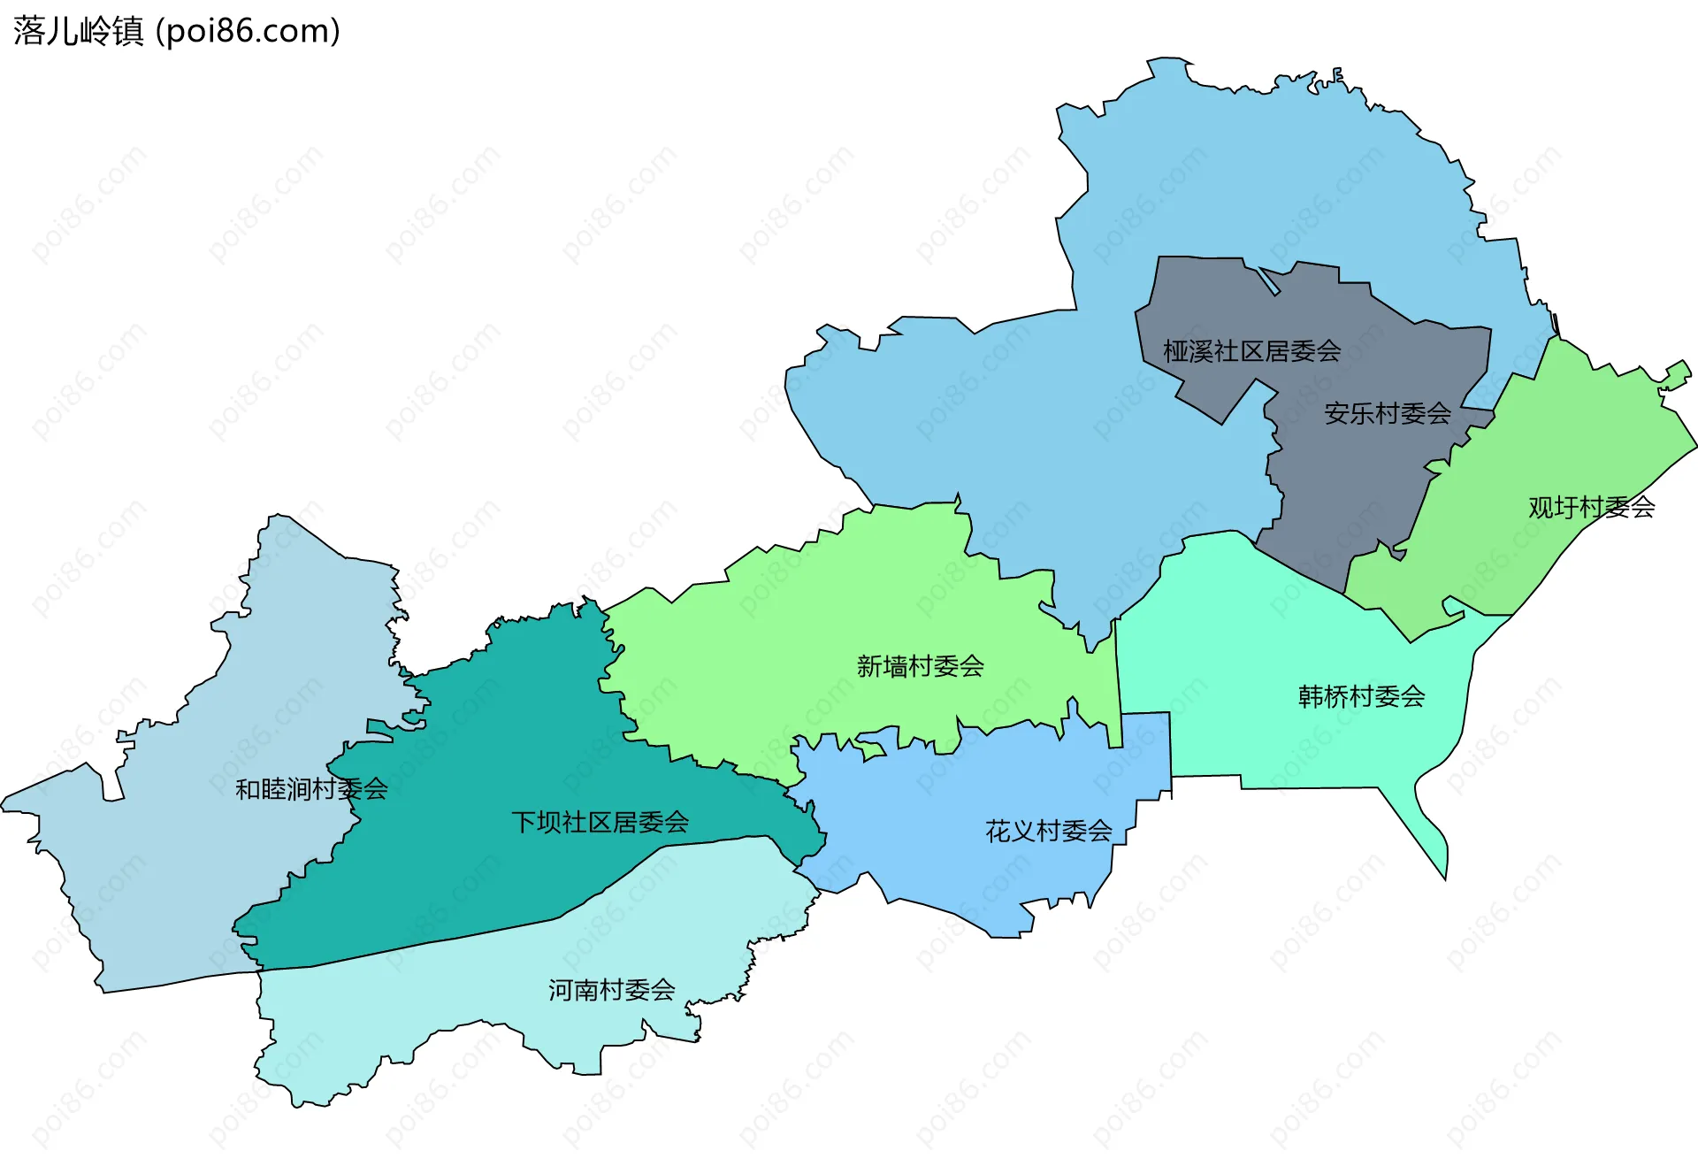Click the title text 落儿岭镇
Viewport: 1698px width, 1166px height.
(78, 32)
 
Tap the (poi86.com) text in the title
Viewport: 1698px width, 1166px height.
(248, 32)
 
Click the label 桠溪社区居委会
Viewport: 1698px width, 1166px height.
(1251, 351)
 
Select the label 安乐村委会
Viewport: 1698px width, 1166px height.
(1387, 413)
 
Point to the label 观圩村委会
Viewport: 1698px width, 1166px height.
(1591, 507)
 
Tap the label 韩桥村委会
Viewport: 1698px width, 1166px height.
(1361, 696)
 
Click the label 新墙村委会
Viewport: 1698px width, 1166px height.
(920, 666)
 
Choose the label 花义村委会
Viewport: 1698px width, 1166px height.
(1048, 831)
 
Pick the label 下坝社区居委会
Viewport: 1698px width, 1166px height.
(600, 822)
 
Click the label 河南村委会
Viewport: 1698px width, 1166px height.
(611, 990)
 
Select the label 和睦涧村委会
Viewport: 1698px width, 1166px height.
(311, 788)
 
